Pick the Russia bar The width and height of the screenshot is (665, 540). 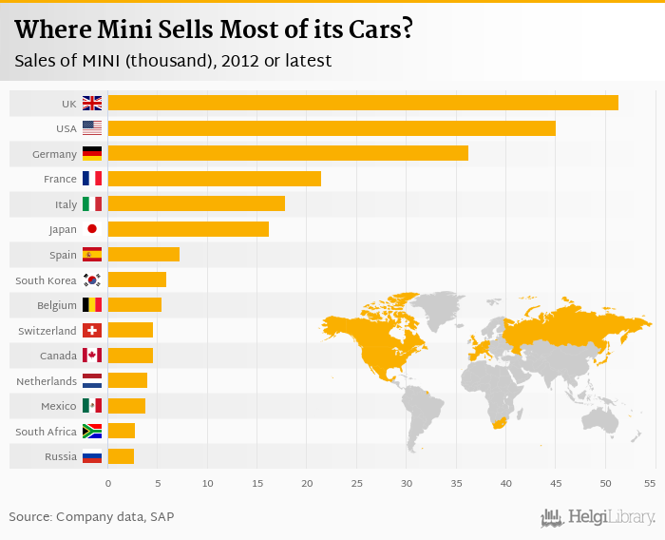tap(121, 456)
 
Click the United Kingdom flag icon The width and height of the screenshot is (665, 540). tap(92, 103)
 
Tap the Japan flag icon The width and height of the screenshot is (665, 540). tap(92, 229)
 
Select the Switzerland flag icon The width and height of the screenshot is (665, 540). tap(92, 330)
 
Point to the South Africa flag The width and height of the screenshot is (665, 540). tap(92, 432)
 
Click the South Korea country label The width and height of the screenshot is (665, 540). tap(46, 280)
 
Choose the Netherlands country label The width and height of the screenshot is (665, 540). tap(47, 381)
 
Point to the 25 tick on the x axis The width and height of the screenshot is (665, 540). tap(356, 484)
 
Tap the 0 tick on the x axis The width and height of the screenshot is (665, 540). tap(108, 484)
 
